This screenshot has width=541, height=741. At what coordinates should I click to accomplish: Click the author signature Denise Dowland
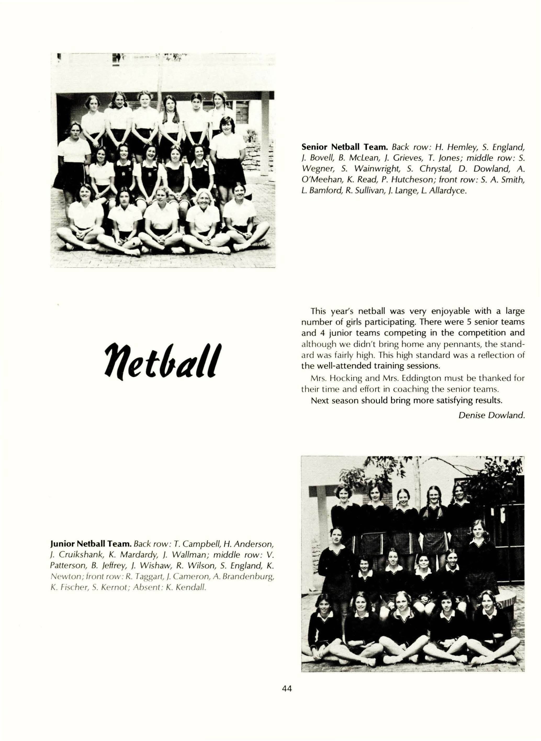pos(492,415)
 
